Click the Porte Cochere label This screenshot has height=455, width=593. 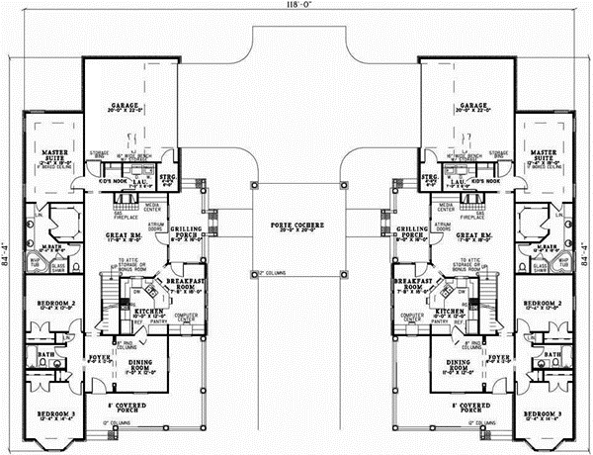pos(296,227)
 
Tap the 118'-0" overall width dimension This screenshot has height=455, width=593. pos(296,7)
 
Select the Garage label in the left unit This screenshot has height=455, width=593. pos(129,106)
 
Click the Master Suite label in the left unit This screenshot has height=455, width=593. pos(50,154)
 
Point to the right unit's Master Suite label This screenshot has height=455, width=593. pos(544,154)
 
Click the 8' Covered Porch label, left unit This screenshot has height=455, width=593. pos(142,407)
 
